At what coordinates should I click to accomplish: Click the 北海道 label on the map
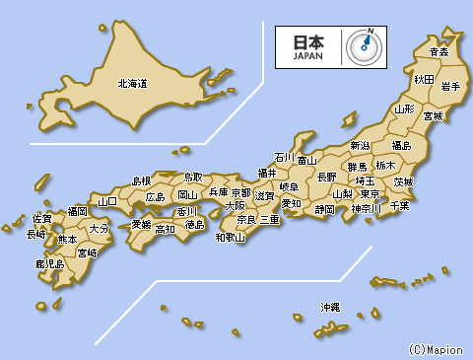coord(132,85)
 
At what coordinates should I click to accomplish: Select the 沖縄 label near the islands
coord(330,307)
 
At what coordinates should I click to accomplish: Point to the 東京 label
coord(371,194)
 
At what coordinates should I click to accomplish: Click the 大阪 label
coord(236,206)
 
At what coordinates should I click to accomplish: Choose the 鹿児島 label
coord(49,264)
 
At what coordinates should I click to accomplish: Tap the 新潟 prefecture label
coord(360,146)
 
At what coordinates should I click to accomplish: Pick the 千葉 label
coord(399,205)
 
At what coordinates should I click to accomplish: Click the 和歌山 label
coord(231,237)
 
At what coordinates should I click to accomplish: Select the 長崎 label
coord(35,235)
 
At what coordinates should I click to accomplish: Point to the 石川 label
coord(285,157)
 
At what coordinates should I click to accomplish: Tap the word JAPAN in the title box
coord(307,56)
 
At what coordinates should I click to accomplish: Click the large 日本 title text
coord(307,42)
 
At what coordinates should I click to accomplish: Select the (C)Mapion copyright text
coord(436,349)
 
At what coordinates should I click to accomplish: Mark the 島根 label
coord(142,180)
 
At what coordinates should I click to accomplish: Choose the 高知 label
coord(165,229)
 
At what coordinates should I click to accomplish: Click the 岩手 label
coord(452,87)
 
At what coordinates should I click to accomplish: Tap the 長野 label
coord(326,177)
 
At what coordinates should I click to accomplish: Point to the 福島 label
coord(402,146)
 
